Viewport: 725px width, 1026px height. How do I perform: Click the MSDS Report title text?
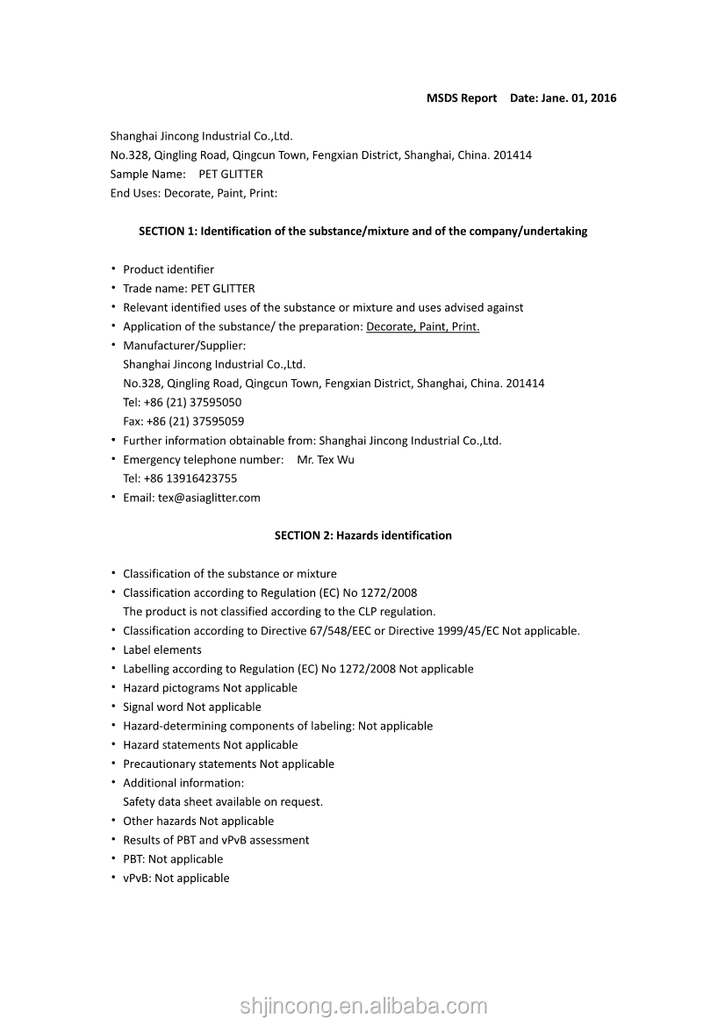click(462, 98)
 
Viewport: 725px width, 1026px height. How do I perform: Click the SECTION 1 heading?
click(362, 232)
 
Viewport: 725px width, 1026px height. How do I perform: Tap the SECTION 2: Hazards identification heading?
click(362, 535)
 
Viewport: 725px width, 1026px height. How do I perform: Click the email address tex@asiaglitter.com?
click(209, 498)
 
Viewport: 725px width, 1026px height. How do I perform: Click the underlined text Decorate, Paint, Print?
click(422, 327)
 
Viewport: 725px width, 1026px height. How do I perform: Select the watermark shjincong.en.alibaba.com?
click(363, 1006)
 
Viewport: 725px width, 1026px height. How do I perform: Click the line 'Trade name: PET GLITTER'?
click(189, 289)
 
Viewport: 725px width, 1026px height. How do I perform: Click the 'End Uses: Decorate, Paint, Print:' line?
click(193, 193)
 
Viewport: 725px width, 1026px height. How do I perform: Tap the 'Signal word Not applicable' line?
click(191, 707)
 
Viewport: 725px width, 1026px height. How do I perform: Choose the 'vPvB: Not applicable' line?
click(176, 879)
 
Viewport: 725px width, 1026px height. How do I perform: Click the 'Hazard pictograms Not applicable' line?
click(210, 688)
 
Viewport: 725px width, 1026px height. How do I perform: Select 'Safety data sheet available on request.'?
click(223, 802)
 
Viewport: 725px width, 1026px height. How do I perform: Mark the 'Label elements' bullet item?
click(162, 650)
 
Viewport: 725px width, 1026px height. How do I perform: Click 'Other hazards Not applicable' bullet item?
click(197, 822)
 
